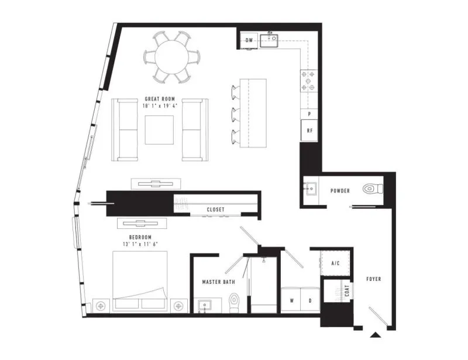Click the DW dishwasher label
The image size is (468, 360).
[x=249, y=40]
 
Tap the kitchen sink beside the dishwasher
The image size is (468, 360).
[x=269, y=40]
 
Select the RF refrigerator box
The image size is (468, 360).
[x=309, y=131]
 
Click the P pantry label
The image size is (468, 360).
[x=309, y=114]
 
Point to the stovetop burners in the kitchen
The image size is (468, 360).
[x=308, y=81]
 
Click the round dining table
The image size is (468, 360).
[x=171, y=57]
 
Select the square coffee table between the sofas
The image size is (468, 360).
[x=159, y=130]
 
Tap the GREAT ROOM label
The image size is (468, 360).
[x=160, y=99]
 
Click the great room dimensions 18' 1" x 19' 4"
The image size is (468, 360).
[x=160, y=105]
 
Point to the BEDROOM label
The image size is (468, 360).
[x=140, y=237]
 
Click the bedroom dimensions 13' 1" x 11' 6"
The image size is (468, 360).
[x=140, y=244]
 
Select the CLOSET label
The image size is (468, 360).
[x=215, y=210]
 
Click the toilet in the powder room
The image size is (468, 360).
[x=373, y=189]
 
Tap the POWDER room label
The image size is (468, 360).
[x=340, y=191]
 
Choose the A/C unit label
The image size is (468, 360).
[x=335, y=263]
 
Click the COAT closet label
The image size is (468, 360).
[x=347, y=291]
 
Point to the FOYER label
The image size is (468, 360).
[x=374, y=279]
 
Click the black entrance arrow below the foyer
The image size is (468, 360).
[x=376, y=335]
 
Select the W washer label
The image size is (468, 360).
[x=291, y=300]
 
